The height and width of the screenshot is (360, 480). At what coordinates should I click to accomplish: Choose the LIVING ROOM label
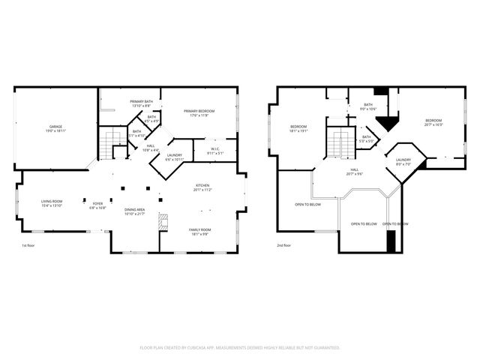[x=52, y=202]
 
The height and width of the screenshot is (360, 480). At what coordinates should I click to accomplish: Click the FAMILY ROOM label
[x=200, y=232]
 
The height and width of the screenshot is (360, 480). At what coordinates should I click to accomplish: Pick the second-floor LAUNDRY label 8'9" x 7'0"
[x=403, y=161]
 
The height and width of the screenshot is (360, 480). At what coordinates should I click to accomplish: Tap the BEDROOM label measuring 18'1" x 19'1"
[x=298, y=128]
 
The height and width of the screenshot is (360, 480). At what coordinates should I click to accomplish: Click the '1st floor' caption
[x=28, y=245]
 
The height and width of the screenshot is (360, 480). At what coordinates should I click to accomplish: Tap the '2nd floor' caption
[x=284, y=245]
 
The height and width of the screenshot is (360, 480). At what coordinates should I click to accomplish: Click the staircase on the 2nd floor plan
[x=343, y=143]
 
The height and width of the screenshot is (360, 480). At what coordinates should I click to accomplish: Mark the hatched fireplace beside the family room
[x=163, y=223]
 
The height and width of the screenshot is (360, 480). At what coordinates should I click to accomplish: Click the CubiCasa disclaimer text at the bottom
[x=240, y=347]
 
